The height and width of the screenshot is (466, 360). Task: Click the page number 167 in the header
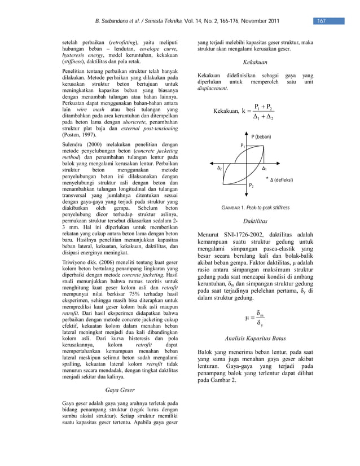click(321, 21)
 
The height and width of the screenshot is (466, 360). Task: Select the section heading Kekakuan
click(254, 63)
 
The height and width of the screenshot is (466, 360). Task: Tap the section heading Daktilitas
click(254, 222)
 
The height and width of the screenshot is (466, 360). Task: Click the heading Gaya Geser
click(120, 389)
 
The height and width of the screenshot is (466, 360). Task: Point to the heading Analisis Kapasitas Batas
click(254, 338)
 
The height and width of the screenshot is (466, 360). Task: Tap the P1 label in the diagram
click(243, 145)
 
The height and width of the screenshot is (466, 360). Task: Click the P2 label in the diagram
click(252, 186)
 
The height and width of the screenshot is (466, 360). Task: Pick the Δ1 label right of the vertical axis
click(265, 169)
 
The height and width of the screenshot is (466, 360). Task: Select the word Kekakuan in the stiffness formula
click(226, 112)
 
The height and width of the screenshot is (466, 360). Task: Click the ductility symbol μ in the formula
click(247, 318)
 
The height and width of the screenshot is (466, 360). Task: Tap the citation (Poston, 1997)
click(78, 135)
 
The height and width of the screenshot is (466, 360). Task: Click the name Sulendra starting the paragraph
click(73, 145)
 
